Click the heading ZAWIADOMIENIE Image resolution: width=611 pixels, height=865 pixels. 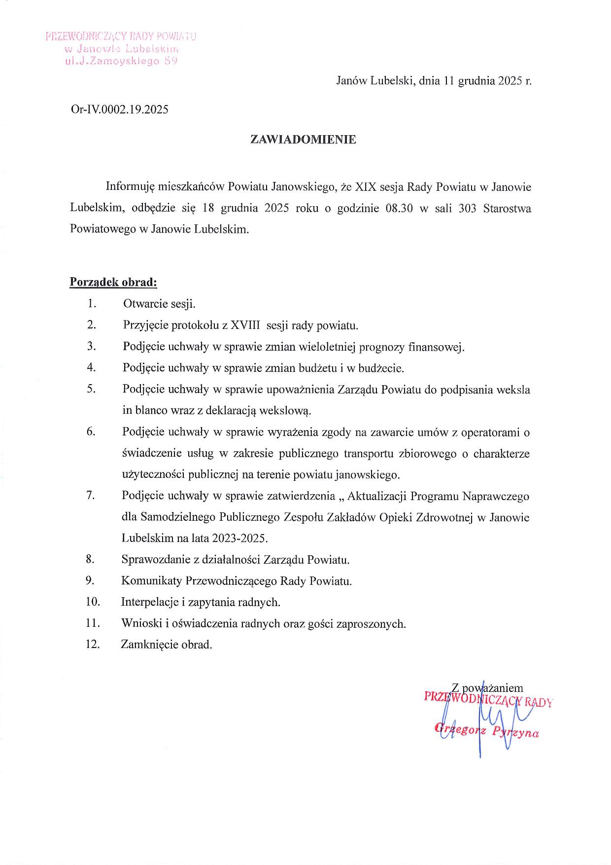pyautogui.click(x=303, y=140)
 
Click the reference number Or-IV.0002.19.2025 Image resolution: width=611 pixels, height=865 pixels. pyautogui.click(x=120, y=109)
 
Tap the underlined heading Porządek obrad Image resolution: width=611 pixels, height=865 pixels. pyautogui.click(x=113, y=283)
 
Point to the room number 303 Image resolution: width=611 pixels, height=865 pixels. pyautogui.click(x=467, y=208)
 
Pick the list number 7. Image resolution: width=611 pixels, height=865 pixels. pyautogui.click(x=90, y=496)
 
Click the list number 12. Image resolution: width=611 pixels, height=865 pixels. pyautogui.click(x=93, y=644)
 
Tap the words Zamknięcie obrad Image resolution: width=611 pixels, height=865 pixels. pyautogui.click(x=167, y=645)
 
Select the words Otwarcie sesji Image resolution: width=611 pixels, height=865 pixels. pyautogui.click(x=159, y=304)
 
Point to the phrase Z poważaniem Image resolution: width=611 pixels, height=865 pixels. pyautogui.click(x=487, y=687)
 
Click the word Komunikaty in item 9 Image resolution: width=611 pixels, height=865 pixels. pyautogui.click(x=151, y=581)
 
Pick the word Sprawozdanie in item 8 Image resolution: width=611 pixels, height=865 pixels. pyautogui.click(x=155, y=560)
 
